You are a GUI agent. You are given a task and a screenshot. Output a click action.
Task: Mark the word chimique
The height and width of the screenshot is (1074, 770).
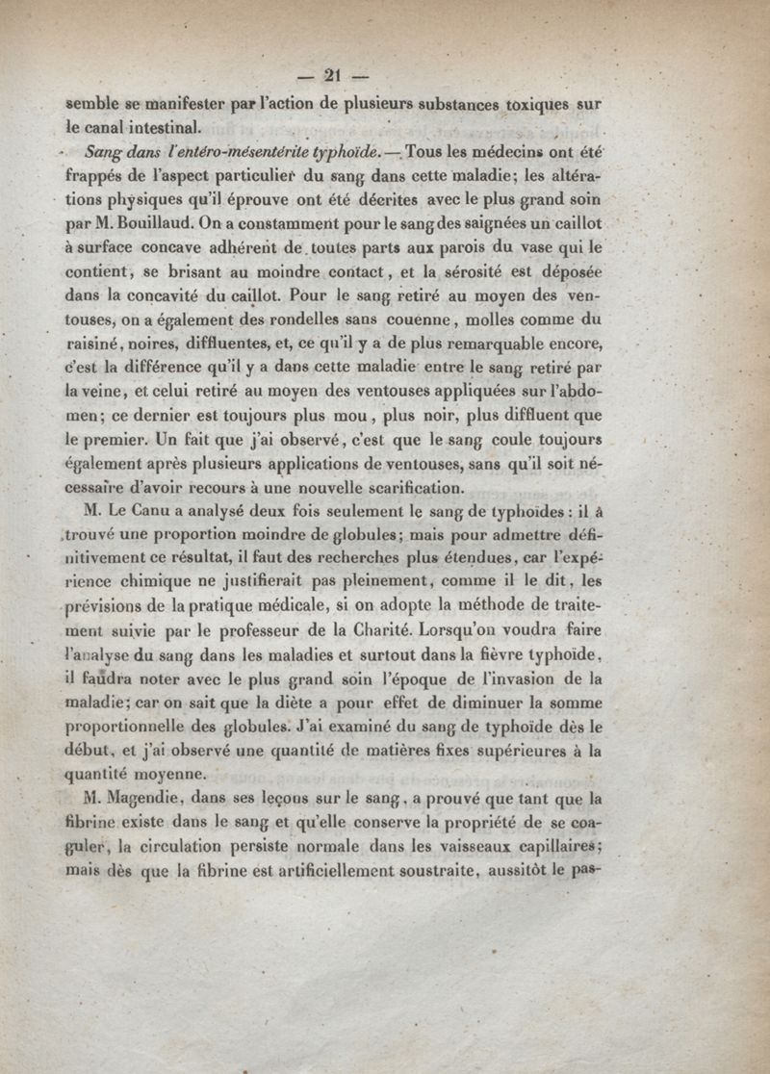(183, 582)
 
